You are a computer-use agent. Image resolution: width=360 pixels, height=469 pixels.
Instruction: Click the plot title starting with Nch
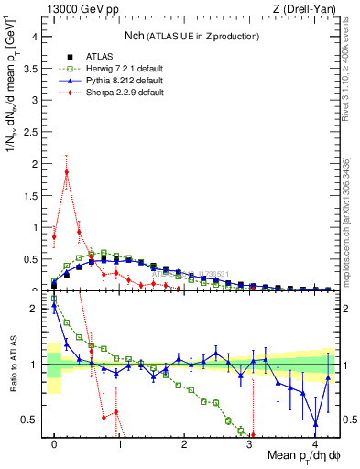point(191,36)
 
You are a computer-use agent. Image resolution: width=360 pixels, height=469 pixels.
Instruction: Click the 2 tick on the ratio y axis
point(34,309)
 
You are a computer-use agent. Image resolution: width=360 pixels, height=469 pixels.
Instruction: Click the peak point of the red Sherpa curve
point(67,172)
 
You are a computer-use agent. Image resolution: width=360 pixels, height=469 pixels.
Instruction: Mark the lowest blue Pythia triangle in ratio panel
point(316,423)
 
